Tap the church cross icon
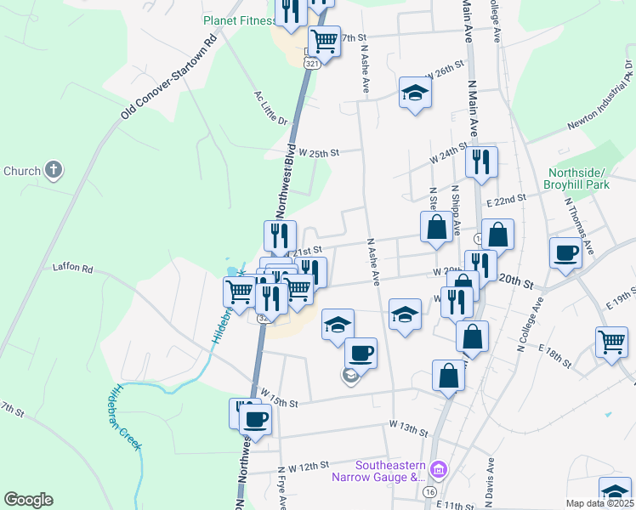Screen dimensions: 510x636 point(53,170)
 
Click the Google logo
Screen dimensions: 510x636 point(28,500)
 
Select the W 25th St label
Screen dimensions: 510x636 point(319,153)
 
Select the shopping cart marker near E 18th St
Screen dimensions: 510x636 point(611,342)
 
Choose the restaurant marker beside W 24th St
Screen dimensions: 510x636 point(481,161)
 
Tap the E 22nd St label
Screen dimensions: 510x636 point(508,196)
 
